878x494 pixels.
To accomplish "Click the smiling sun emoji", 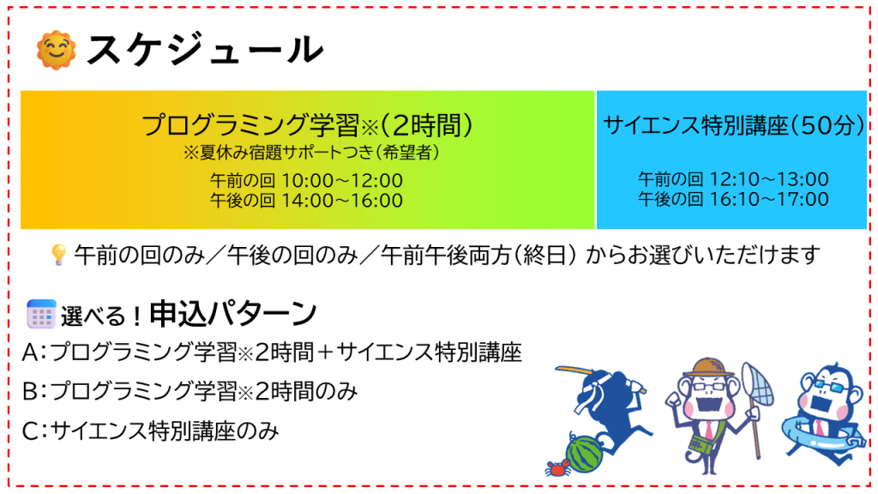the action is [56, 51].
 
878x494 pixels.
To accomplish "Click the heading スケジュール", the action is [205, 50].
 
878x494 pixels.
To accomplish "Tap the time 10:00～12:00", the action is [341, 181].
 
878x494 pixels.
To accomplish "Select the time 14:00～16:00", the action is [341, 200].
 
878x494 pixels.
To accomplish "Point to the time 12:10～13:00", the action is [769, 179].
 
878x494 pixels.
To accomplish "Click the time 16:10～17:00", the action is [769, 199].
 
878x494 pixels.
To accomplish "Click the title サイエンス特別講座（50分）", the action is [734, 125].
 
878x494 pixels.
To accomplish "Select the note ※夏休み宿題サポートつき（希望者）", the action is [310, 153].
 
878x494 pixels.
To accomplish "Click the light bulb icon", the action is [58, 254].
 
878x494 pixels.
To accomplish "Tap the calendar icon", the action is [41, 314].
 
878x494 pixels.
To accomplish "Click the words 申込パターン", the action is [233, 314].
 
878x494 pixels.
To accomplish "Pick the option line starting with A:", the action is [272, 352].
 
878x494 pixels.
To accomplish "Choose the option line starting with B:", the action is [189, 391].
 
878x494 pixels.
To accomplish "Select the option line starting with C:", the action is [151, 431].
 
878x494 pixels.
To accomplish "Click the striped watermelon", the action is [584, 455].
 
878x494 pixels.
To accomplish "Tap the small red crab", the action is [557, 467].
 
